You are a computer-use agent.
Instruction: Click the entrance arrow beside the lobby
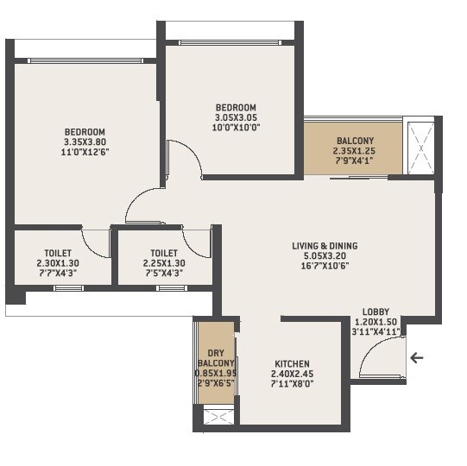coord(417,357)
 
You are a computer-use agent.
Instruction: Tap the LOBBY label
coord(375,312)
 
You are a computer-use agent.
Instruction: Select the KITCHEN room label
coord(292,364)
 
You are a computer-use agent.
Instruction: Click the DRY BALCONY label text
coord(215,357)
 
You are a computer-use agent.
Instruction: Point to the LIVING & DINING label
coord(325,246)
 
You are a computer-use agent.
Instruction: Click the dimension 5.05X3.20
coord(325,255)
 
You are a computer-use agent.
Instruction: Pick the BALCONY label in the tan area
coord(355,141)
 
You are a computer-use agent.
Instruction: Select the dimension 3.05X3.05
coord(236,118)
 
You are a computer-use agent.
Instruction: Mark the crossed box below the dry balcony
coord(216,417)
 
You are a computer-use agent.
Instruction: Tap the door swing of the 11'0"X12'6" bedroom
coord(142,207)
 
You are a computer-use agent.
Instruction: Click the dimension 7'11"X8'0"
coord(292,383)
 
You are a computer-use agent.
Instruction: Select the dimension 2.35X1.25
coord(355,150)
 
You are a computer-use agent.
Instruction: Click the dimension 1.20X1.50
coord(375,321)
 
